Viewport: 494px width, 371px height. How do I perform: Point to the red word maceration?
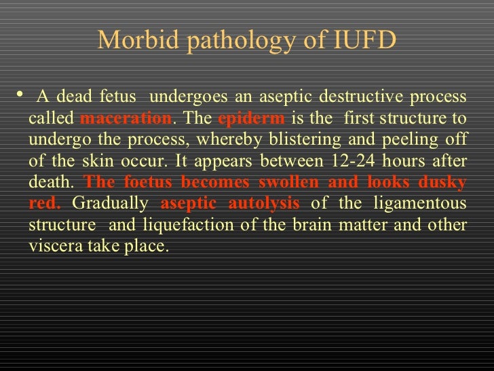tap(126, 118)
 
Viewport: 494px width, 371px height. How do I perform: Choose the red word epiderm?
tap(252, 118)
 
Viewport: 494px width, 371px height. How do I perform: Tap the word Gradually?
tap(110, 203)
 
